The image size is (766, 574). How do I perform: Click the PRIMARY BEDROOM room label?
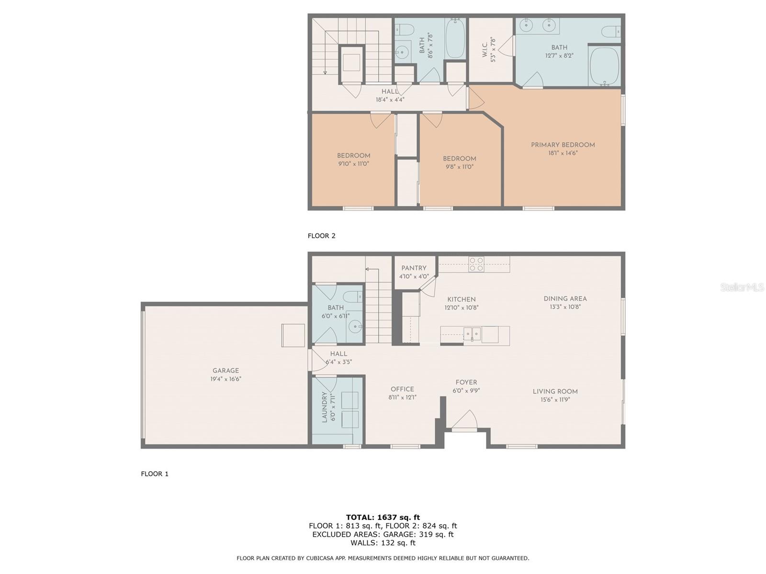[563, 145]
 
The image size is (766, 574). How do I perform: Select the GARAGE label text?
[225, 370]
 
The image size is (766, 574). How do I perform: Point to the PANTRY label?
[414, 268]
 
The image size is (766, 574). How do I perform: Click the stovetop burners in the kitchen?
[476, 264]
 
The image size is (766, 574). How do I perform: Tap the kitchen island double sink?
[472, 334]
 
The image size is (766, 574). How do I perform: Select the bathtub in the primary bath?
[604, 66]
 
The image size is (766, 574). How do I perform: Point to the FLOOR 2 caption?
[321, 236]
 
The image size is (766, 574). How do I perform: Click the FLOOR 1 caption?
[155, 474]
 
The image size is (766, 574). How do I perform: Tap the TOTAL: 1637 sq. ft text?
[383, 517]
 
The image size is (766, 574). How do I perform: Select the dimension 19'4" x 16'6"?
[225, 379]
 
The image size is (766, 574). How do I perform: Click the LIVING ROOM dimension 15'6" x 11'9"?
[555, 400]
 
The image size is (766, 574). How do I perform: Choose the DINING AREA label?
[565, 298]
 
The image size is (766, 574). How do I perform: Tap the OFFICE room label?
[402, 389]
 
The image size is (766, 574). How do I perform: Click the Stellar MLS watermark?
[742, 287]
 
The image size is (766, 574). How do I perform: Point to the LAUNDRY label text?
[325, 407]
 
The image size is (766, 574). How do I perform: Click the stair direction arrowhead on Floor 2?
[325, 73]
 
